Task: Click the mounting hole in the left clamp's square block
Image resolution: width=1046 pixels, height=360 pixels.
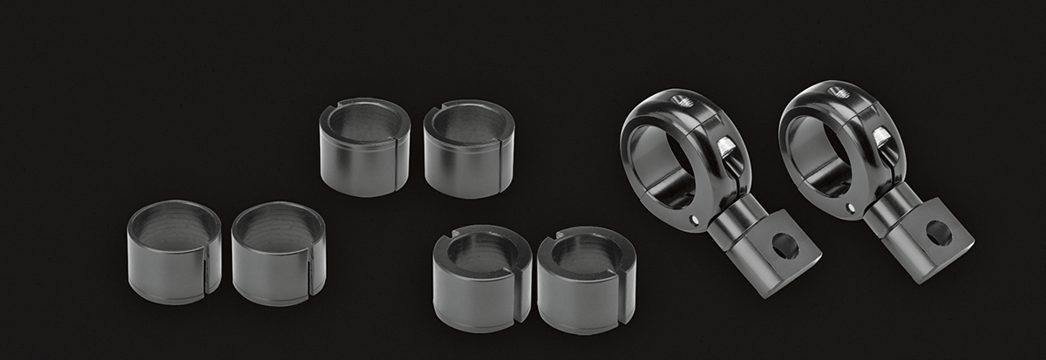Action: click(784, 247)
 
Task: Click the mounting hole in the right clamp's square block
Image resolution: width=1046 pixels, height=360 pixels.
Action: click(938, 233)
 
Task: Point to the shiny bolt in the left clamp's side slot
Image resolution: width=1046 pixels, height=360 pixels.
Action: click(723, 149)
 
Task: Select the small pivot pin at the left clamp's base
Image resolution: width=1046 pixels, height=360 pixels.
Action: click(694, 220)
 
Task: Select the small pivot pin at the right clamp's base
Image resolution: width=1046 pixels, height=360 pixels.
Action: click(850, 208)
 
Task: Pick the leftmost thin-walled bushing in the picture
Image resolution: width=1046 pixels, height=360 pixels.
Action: click(173, 252)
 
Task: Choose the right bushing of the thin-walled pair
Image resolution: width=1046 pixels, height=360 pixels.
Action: click(278, 254)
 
